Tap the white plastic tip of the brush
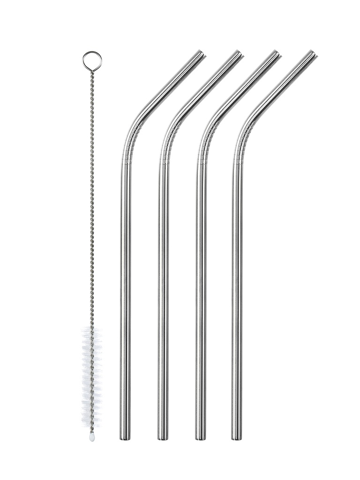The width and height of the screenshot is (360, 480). click(x=92, y=436)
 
